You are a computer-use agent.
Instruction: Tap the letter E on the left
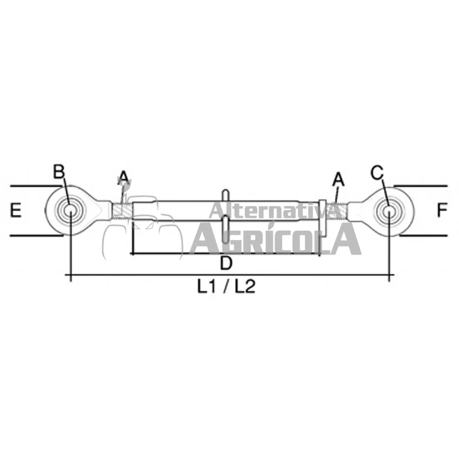pos(16,211)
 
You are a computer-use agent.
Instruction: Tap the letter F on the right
pos(442,210)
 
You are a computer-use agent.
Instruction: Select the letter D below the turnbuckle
pos(226,263)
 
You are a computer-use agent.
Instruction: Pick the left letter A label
pos(123,178)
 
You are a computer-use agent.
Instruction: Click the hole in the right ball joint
pos(389,210)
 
